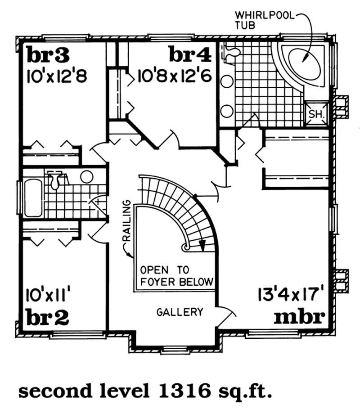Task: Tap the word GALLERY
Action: pyautogui.click(x=180, y=312)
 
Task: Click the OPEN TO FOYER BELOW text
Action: pyautogui.click(x=176, y=276)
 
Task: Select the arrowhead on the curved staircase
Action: pyautogui.click(x=202, y=245)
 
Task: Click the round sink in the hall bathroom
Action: pyautogui.click(x=86, y=177)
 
